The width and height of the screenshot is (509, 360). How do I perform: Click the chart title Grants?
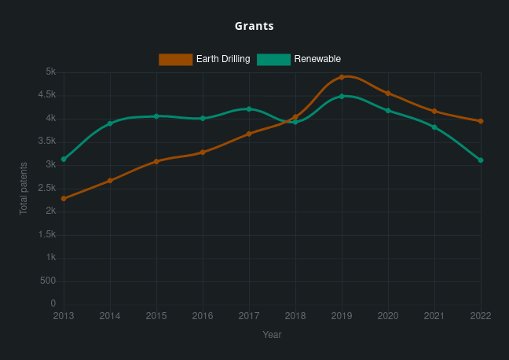254,26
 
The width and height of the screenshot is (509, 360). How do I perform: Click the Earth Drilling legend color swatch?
175,60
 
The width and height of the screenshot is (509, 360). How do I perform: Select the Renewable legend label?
317,60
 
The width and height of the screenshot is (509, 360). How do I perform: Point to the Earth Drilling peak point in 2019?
342,77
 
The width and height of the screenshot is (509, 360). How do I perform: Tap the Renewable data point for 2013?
64,160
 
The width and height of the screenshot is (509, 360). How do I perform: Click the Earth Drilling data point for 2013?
64,199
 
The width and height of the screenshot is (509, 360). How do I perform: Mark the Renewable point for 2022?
481,160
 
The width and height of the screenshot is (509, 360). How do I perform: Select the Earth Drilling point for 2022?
481,121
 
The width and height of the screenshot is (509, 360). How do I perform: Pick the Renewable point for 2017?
249,109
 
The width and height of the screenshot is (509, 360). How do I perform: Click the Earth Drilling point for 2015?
156,161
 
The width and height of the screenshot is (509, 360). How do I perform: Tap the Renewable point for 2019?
342,96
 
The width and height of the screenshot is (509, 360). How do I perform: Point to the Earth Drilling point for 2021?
434,111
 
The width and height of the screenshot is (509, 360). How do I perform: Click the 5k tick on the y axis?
50,72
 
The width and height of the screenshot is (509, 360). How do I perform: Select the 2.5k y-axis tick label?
47,189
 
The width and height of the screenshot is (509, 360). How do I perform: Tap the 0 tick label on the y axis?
53,304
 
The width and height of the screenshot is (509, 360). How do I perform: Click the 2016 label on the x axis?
203,316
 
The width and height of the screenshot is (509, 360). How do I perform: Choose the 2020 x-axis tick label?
388,316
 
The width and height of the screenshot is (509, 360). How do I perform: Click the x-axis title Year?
272,335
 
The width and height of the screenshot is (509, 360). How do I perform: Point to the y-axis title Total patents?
24,189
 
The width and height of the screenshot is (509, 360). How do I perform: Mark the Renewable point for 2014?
110,123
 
